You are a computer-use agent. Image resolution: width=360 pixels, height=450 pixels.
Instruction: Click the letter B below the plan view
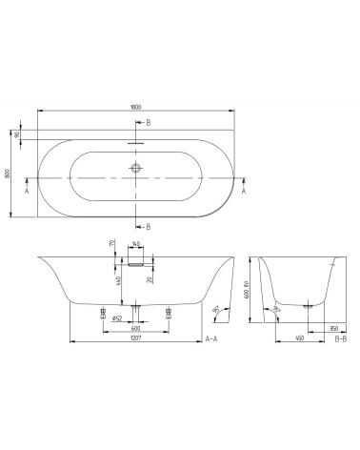[x=149, y=226]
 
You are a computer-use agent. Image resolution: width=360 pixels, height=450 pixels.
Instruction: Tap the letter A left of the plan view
[x=27, y=191]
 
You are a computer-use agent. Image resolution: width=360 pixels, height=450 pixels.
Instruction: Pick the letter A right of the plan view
[x=245, y=191]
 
